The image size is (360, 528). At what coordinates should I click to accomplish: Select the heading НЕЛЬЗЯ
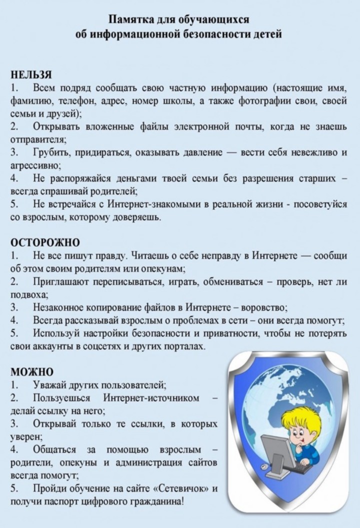pos(31,75)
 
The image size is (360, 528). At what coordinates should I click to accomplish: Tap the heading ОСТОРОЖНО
pos(45,242)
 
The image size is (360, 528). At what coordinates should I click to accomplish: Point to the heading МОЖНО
pos(32,372)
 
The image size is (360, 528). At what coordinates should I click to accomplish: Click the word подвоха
pos(29,295)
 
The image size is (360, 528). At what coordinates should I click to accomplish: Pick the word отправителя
pos(37,139)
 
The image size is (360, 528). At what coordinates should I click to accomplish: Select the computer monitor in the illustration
pos(277,450)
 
